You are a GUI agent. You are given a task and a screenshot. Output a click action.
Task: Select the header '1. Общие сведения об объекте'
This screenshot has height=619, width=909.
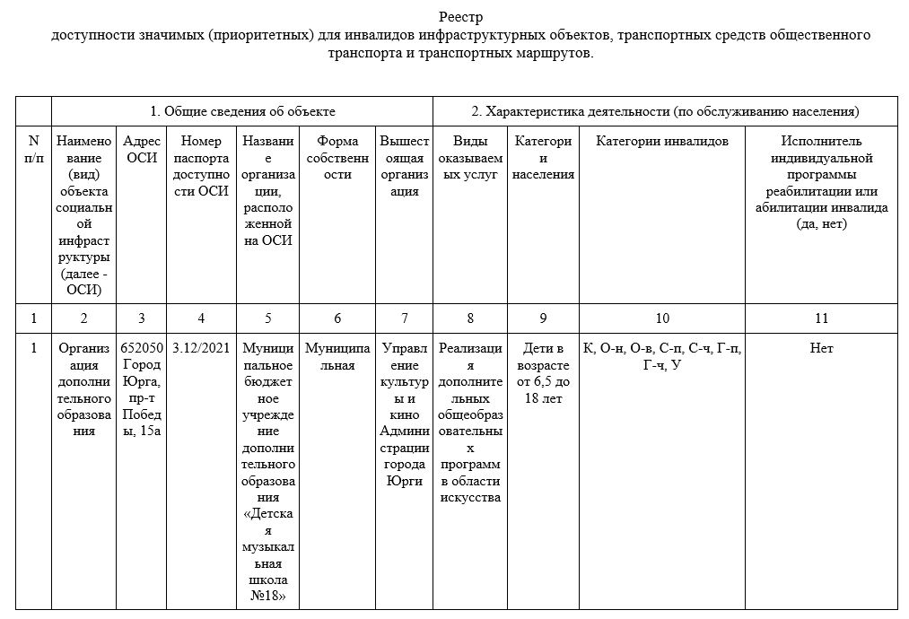tap(242, 111)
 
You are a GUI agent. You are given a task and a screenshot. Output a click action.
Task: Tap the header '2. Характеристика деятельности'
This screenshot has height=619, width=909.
tap(666, 111)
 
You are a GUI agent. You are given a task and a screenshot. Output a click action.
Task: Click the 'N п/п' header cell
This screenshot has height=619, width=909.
tap(34, 149)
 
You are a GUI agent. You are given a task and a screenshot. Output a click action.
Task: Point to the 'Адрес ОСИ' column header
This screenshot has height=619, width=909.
tap(142, 149)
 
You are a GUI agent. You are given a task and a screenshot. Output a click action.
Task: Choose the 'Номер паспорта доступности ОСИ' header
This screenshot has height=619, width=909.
tap(201, 166)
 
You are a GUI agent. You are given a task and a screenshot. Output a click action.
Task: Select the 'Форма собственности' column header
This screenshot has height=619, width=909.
tap(337, 158)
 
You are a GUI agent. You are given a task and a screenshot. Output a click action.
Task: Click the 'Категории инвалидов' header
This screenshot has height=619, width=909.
tap(662, 141)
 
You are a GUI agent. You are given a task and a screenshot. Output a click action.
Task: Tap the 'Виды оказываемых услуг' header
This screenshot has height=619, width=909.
tap(470, 158)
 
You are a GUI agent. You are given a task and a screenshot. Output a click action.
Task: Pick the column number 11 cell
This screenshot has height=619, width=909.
tap(821, 318)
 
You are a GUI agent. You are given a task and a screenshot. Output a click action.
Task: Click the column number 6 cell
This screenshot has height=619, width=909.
tap(337, 318)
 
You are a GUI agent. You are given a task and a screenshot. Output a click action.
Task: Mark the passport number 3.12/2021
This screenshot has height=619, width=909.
tap(201, 348)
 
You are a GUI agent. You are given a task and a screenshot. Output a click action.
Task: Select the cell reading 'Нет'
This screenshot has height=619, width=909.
tap(821, 348)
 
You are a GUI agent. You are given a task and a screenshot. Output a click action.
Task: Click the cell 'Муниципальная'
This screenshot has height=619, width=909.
tap(337, 356)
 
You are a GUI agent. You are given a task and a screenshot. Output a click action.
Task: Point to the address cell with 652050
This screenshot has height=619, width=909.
tap(142, 348)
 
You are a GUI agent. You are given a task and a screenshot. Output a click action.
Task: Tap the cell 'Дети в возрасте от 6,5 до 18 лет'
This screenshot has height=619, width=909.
tap(543, 372)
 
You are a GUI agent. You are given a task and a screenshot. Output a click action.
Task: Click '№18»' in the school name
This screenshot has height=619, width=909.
tap(268, 597)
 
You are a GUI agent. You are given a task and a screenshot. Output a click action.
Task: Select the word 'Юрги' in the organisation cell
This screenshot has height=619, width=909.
tap(405, 481)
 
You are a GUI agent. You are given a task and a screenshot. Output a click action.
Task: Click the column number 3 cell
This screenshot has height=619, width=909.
tap(142, 318)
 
